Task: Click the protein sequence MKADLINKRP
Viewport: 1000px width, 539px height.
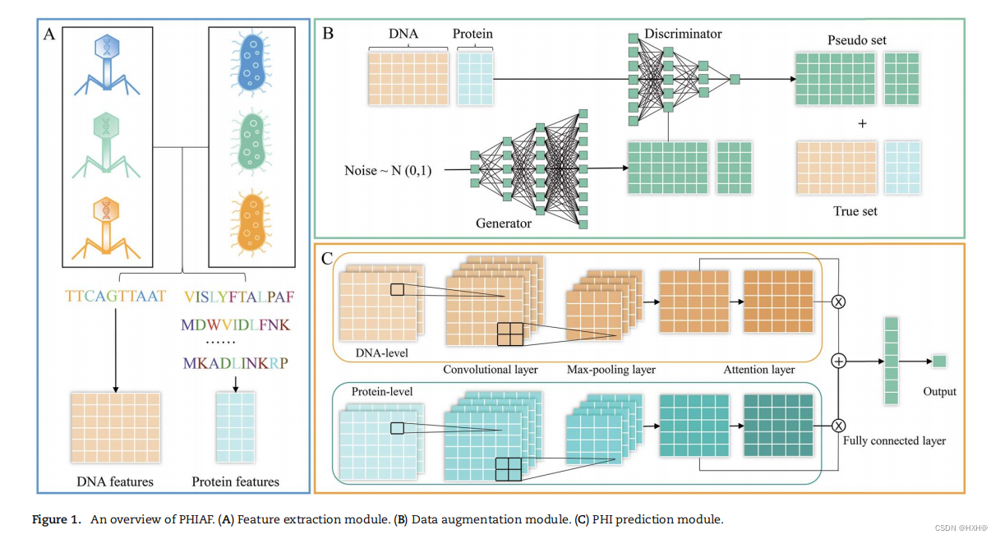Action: [x=236, y=362]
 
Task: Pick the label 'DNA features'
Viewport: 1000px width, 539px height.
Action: [x=114, y=481]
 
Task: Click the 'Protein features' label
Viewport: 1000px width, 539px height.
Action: [x=236, y=481]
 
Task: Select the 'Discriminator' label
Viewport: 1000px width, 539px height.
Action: [x=684, y=34]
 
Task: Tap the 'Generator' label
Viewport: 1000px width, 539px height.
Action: [x=503, y=223]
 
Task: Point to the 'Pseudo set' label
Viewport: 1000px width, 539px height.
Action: [x=856, y=40]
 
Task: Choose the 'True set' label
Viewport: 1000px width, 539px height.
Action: [x=856, y=211]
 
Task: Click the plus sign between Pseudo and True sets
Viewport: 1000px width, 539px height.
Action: [x=861, y=124]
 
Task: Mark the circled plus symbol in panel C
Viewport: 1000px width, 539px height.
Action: [x=839, y=361]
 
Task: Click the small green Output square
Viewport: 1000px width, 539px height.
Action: [x=939, y=362]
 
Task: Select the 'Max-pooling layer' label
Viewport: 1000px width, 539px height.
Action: [x=611, y=370]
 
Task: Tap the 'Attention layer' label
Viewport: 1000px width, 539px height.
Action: [x=760, y=370]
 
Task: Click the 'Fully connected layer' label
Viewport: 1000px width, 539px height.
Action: [x=894, y=441]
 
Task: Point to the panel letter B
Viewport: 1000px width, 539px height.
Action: [x=328, y=35]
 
